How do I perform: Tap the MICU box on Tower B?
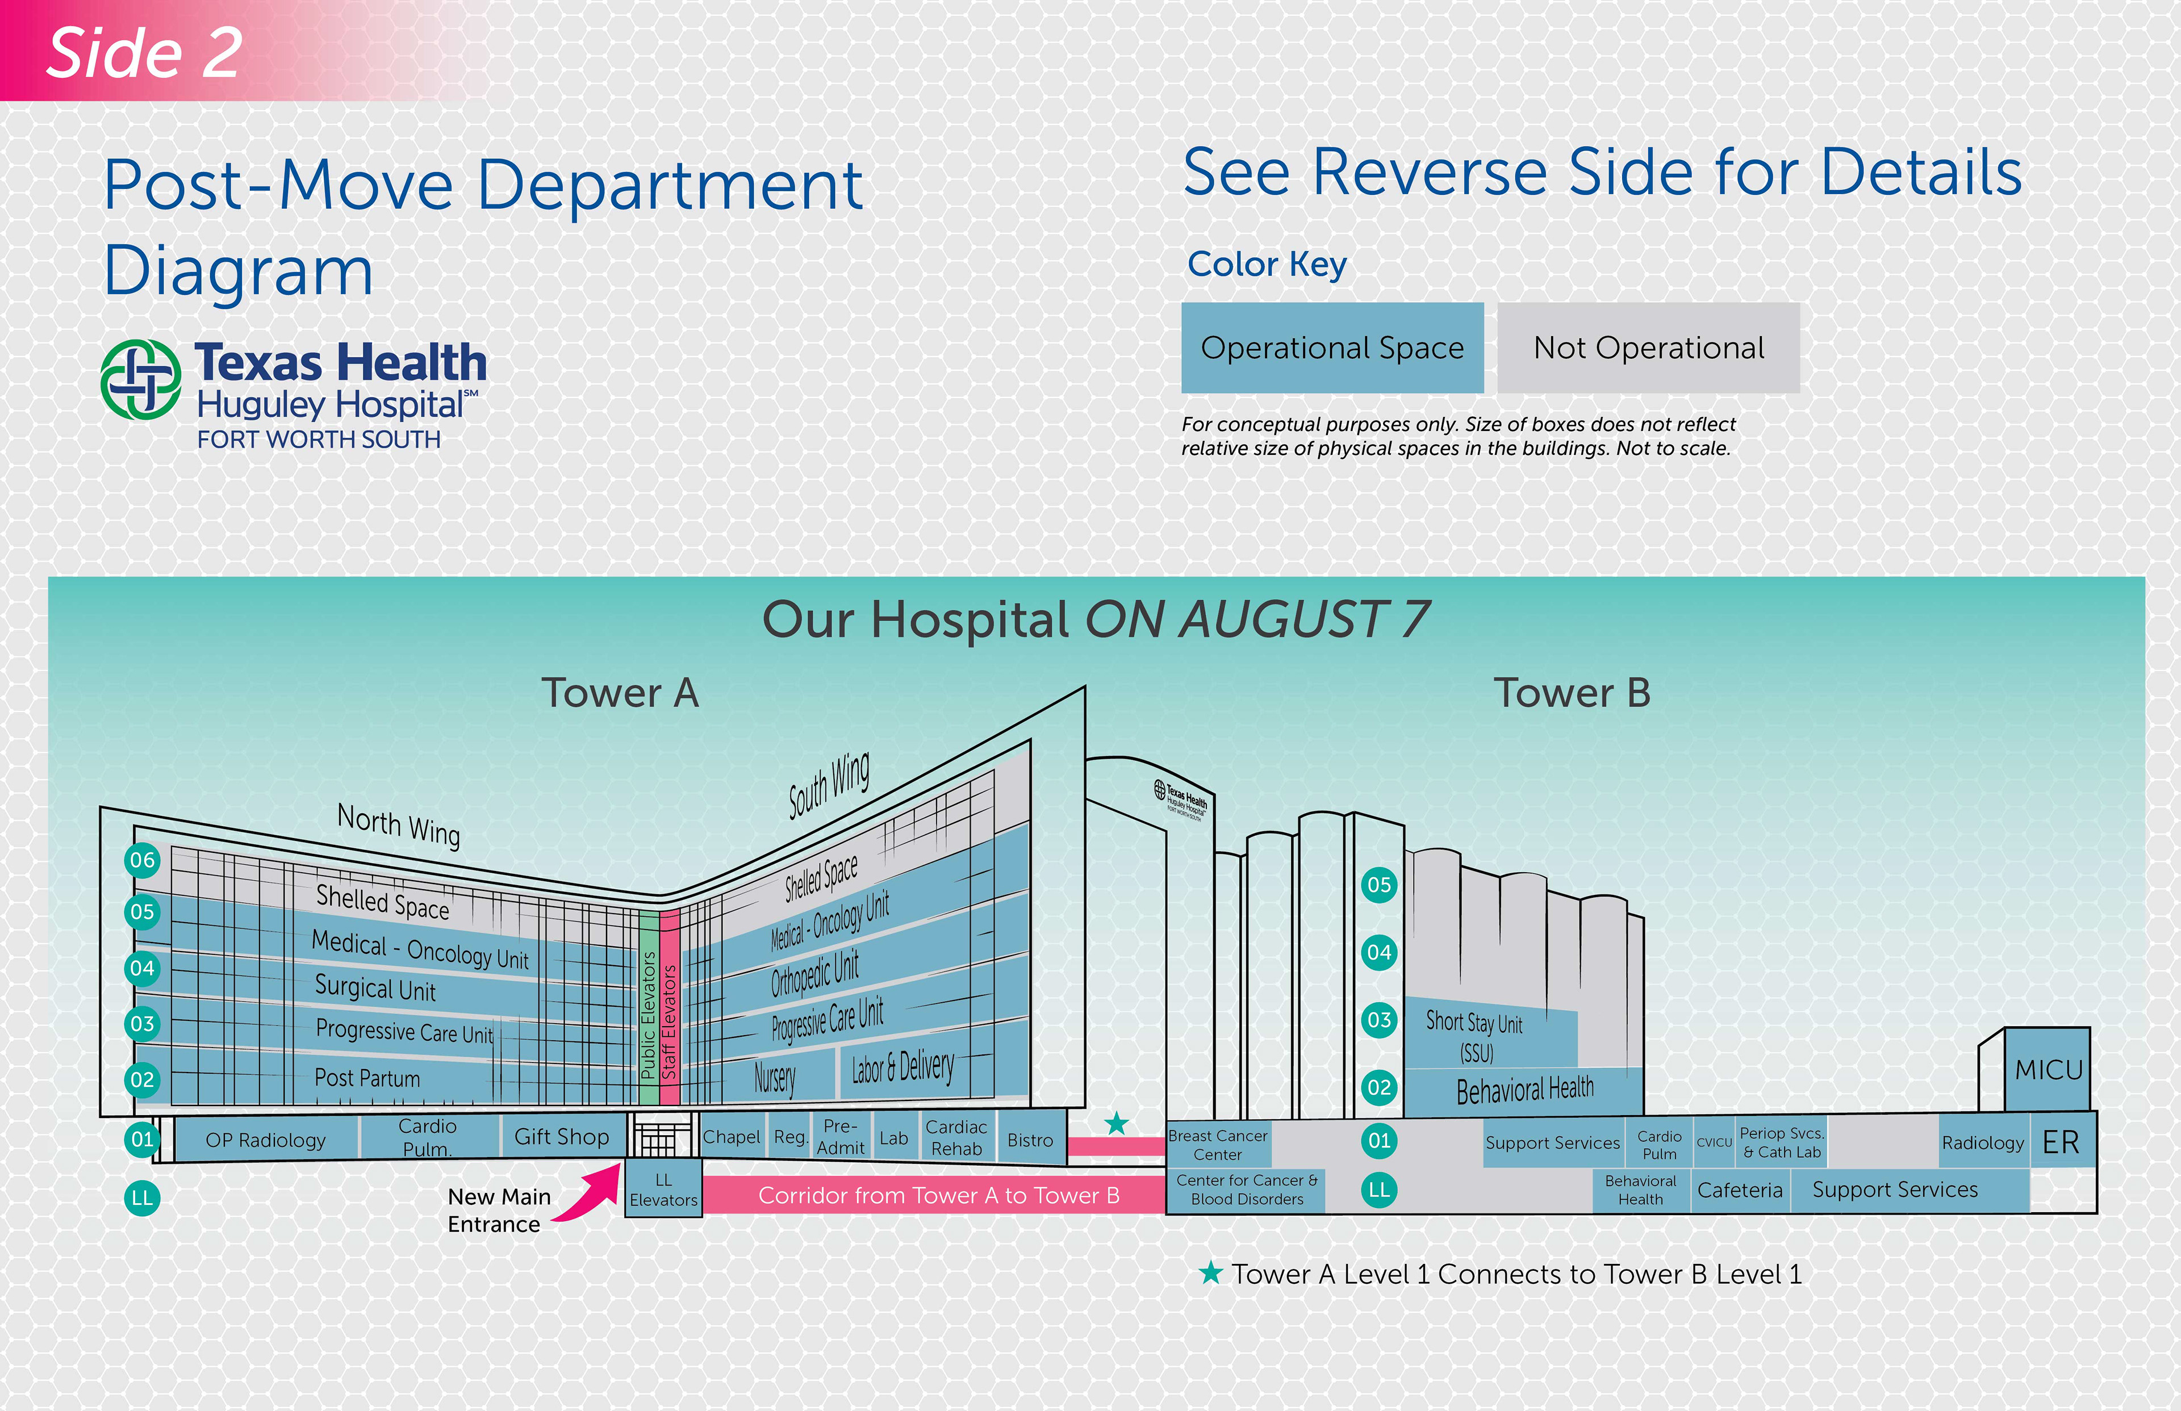pos(2048,1069)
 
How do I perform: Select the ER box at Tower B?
pos(2061,1142)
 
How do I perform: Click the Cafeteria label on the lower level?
pos(1739,1190)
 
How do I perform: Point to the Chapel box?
pos(732,1137)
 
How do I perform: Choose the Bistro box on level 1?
pos(1030,1140)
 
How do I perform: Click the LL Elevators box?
pos(663,1189)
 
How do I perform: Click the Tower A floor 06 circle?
pos(142,860)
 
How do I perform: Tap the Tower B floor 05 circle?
pos(1378,885)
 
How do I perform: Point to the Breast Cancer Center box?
pos(1218,1144)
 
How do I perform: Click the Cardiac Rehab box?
pos(956,1138)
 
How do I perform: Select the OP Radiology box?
pos(266,1140)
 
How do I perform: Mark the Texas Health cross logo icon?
pos(140,379)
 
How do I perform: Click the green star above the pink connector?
pos(1115,1123)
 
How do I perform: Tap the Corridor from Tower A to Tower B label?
pos(938,1196)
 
